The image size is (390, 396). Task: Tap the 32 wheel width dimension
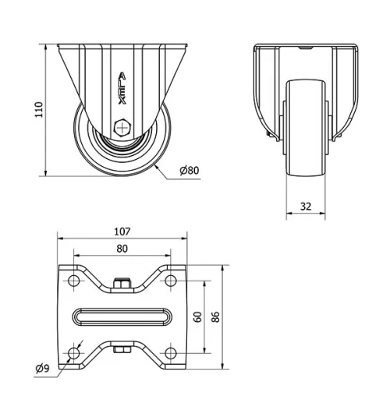click(x=305, y=206)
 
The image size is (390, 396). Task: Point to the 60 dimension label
click(x=198, y=316)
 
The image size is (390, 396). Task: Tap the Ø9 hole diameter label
click(x=43, y=368)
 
